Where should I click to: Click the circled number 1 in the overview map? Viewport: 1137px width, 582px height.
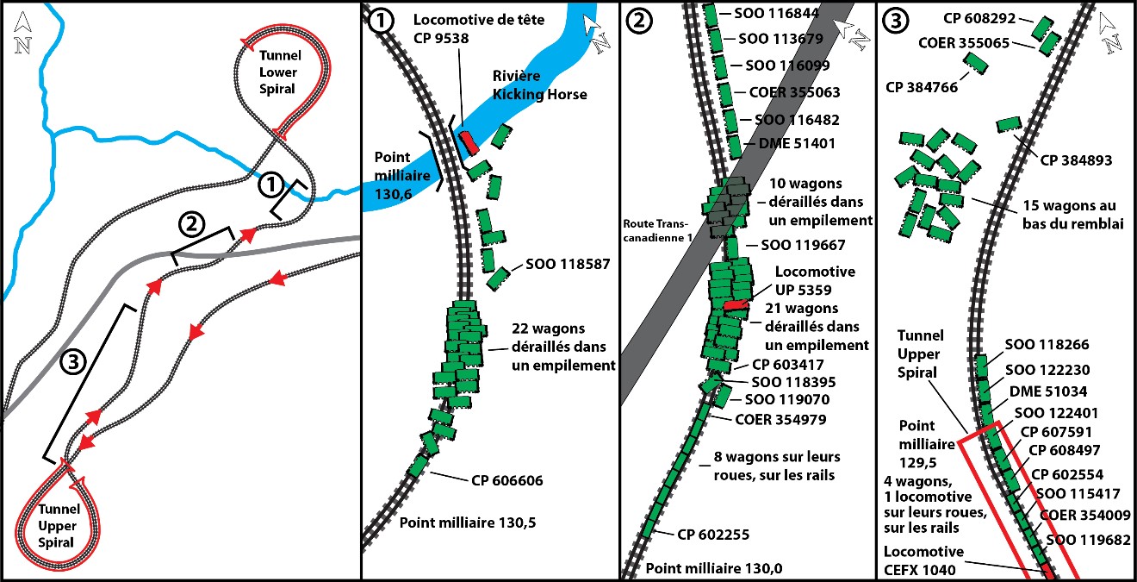click(270, 184)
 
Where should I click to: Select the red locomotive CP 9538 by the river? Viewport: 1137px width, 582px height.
click(467, 141)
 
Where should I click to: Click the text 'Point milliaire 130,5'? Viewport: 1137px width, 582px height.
click(461, 523)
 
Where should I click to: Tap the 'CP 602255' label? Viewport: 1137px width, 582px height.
click(713, 535)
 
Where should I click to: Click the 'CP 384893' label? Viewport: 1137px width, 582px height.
click(1076, 160)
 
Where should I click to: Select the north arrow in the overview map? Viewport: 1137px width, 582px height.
click(23, 34)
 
